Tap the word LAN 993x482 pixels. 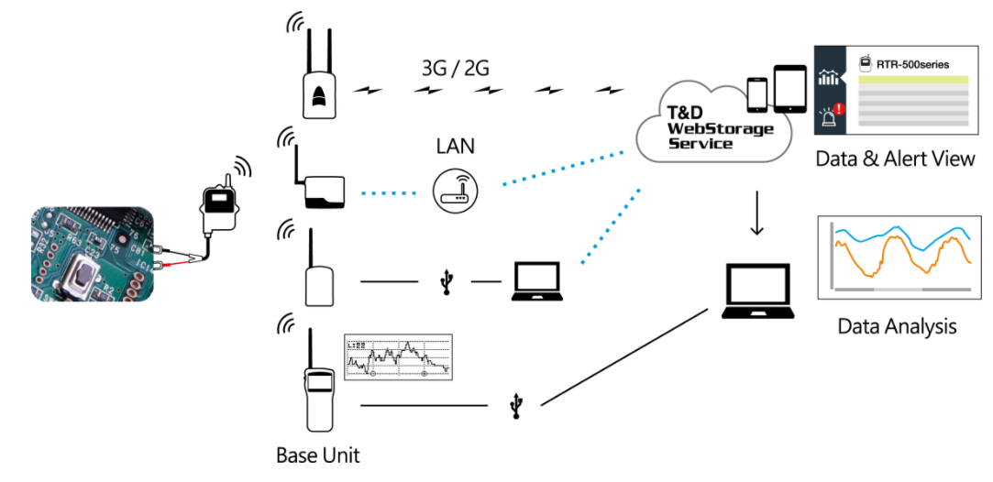[x=455, y=146]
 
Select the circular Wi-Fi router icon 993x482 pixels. [x=456, y=192]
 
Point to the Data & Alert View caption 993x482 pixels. [x=895, y=159]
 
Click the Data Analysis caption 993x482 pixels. [x=896, y=326]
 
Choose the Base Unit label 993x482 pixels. [x=317, y=455]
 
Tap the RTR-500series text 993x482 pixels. [x=913, y=64]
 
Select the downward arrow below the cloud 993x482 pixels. [x=756, y=214]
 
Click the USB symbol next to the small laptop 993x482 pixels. [x=447, y=281]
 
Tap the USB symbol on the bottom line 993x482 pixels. [x=517, y=405]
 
